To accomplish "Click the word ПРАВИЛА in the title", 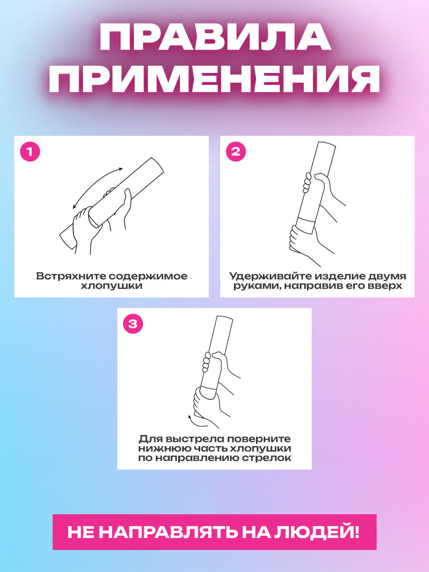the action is point(215,37).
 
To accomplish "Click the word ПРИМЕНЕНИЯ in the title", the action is point(214,79).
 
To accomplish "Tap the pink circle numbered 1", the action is point(30,152).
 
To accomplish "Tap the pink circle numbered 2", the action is point(236,152).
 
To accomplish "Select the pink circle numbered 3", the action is point(133,324).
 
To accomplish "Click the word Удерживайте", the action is point(269,276).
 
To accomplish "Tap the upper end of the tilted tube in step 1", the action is point(157,165).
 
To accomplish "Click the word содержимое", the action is point(148,276).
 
